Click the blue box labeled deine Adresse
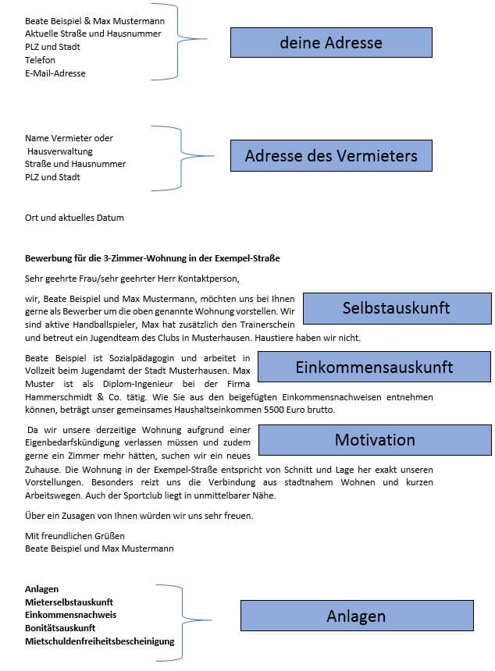tap(331, 42)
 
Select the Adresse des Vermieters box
tap(331, 156)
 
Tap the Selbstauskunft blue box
tap(397, 308)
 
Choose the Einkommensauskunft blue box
tap(374, 367)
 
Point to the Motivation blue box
tap(375, 440)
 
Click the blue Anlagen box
tap(356, 616)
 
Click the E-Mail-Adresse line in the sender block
tap(55, 73)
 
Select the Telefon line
tap(40, 60)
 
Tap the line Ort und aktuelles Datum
tap(74, 218)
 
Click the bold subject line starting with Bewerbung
tap(152, 257)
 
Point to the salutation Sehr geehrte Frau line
tap(131, 277)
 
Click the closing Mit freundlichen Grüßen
tap(75, 536)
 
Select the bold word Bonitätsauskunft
tap(60, 628)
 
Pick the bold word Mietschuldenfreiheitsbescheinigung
tap(99, 641)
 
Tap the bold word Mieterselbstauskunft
tap(69, 602)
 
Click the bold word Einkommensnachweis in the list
tap(70, 615)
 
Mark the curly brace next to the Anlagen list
tap(187, 620)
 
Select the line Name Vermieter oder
tap(69, 138)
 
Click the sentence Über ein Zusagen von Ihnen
tap(139, 516)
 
